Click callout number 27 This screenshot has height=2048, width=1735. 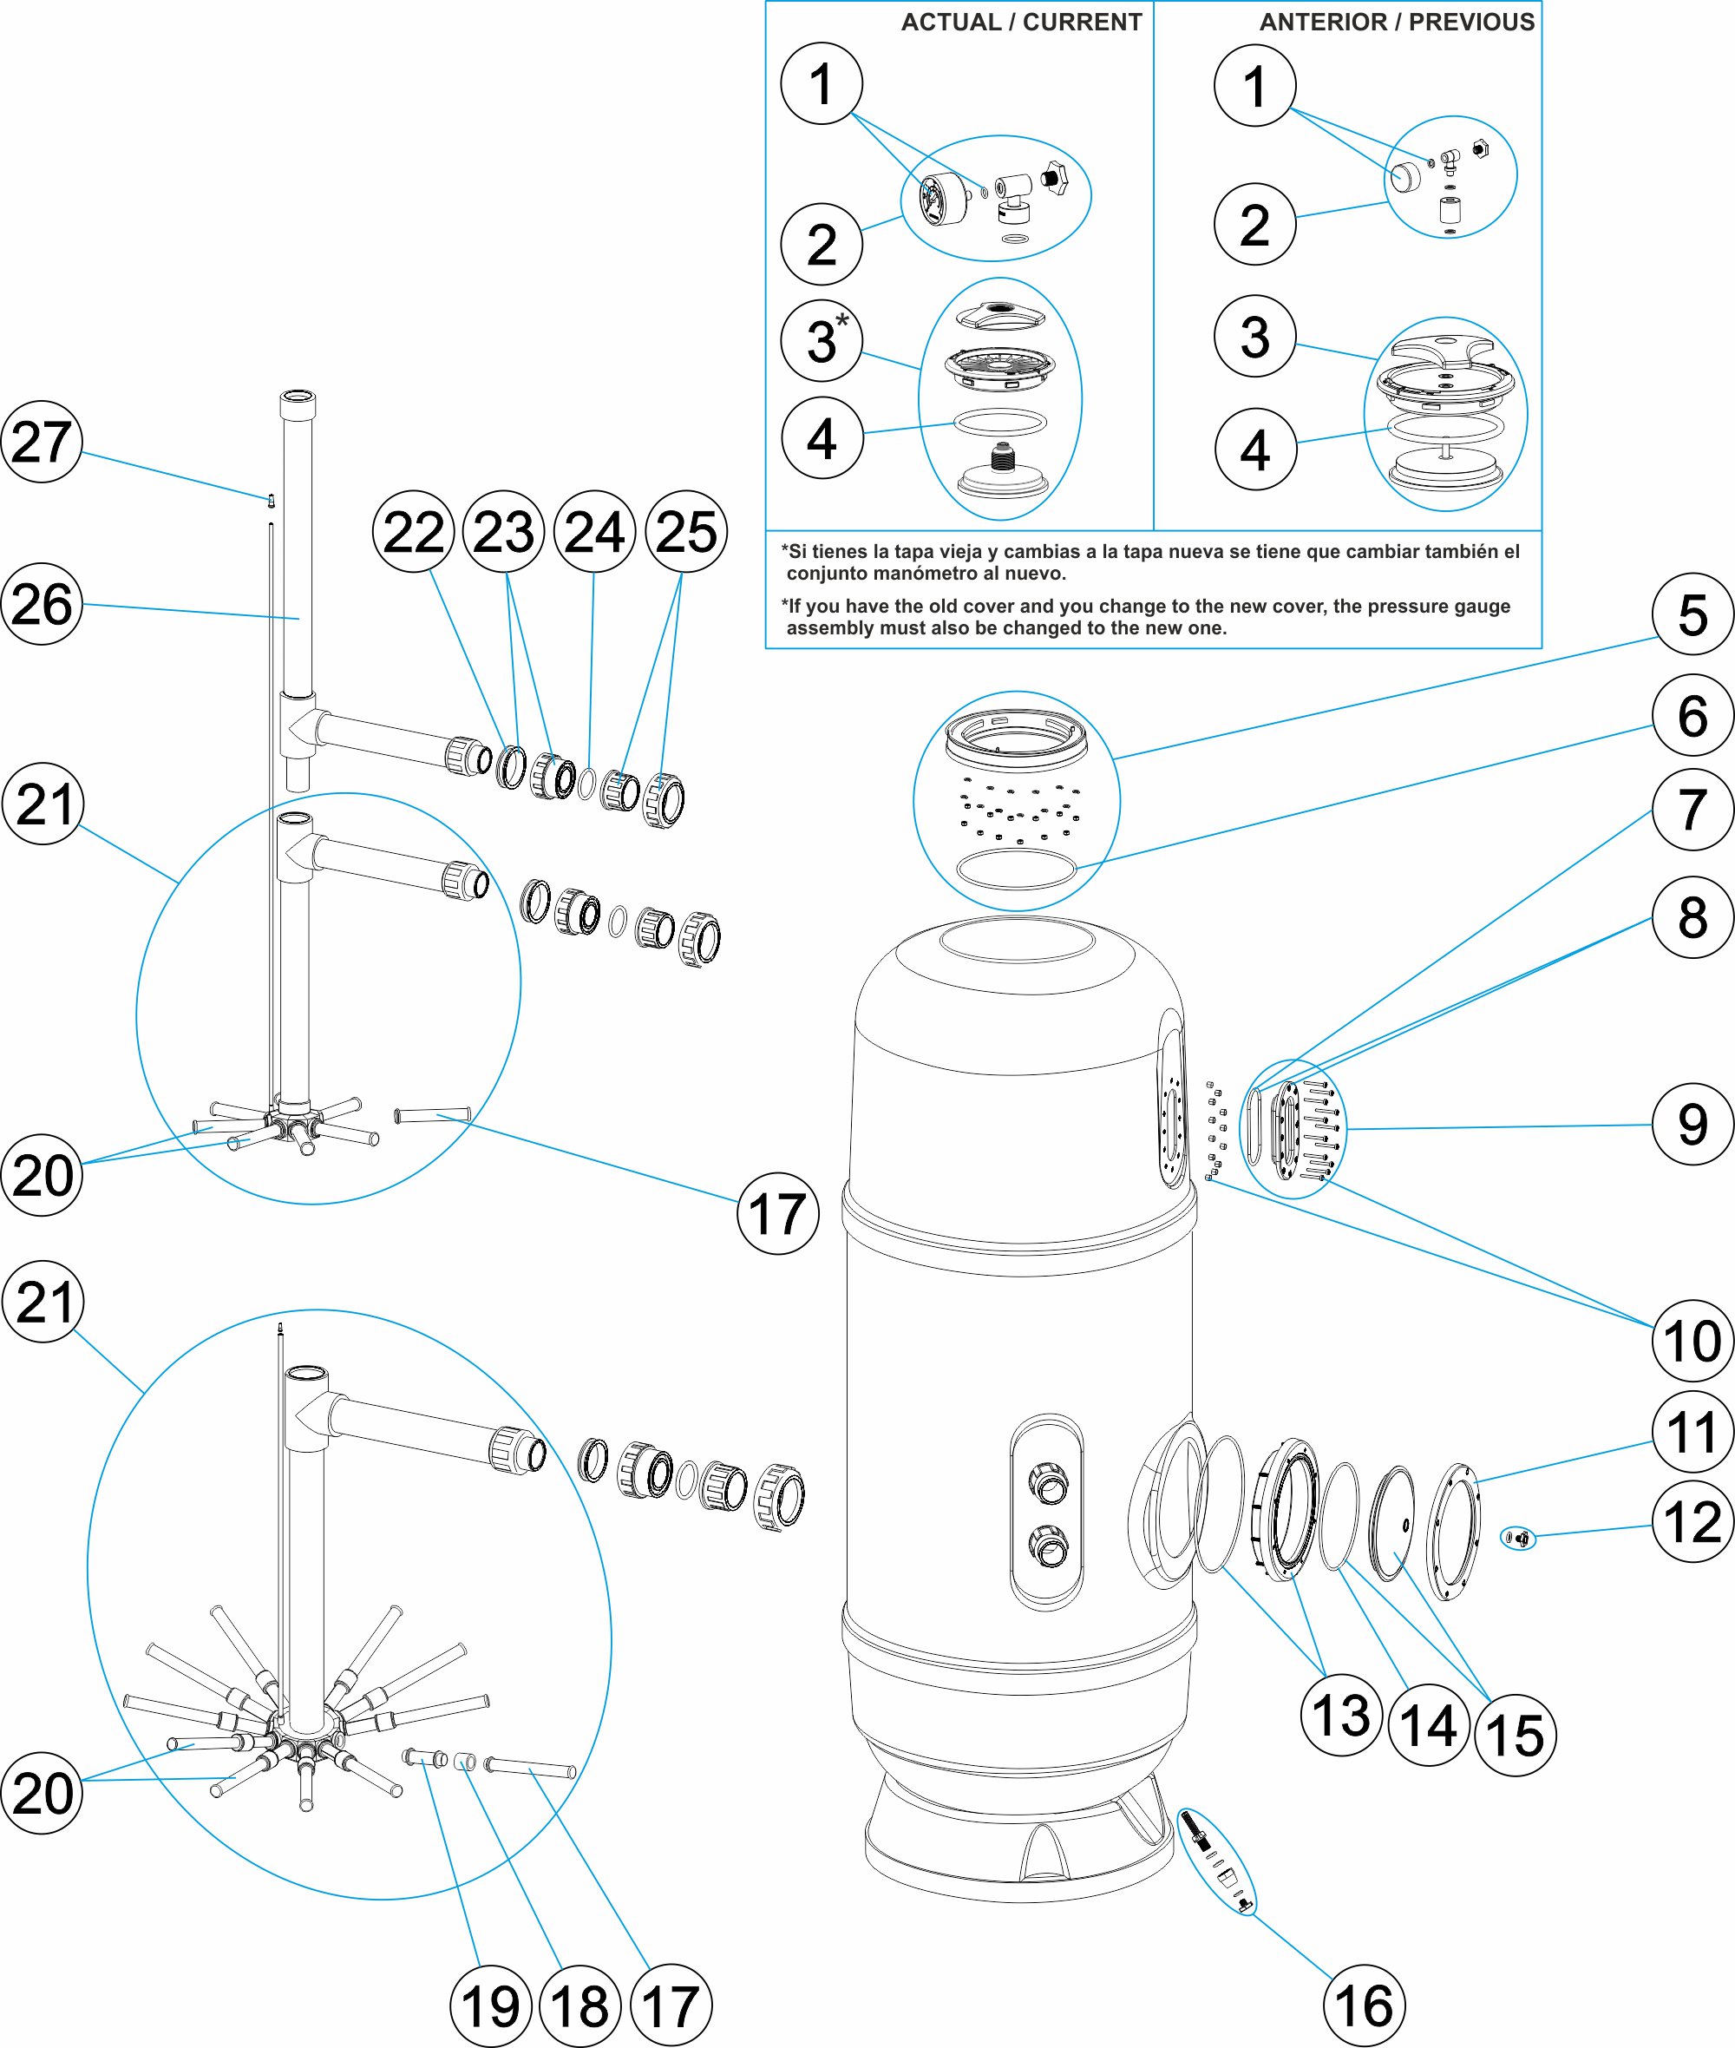tap(42, 442)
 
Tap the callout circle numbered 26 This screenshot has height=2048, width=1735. tap(42, 604)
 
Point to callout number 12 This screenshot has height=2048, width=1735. tap(1692, 1522)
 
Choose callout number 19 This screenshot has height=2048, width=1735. tap(490, 2006)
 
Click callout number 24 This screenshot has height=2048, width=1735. tap(594, 532)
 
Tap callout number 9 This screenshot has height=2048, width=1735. tap(1692, 1125)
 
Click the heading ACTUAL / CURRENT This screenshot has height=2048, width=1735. tap(1021, 23)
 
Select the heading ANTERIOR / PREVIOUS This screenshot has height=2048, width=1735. tap(1397, 23)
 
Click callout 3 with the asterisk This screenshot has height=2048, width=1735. tap(822, 340)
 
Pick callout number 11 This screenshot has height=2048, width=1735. tap(1692, 1432)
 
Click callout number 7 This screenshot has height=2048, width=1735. tap(1692, 810)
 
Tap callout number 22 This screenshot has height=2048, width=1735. tap(413, 532)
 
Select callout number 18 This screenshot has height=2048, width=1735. tap(580, 2006)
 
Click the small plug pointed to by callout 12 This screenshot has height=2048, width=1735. tap(1521, 1538)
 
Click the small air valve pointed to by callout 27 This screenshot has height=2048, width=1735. tap(272, 501)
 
